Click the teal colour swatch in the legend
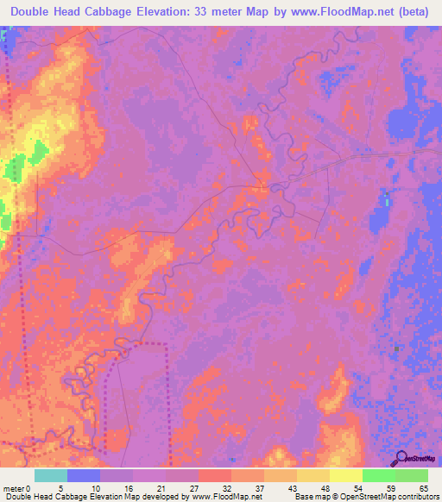pyautogui.click(x=51, y=475)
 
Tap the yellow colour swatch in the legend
pyautogui.click(x=345, y=475)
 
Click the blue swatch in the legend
pyautogui.click(x=84, y=475)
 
